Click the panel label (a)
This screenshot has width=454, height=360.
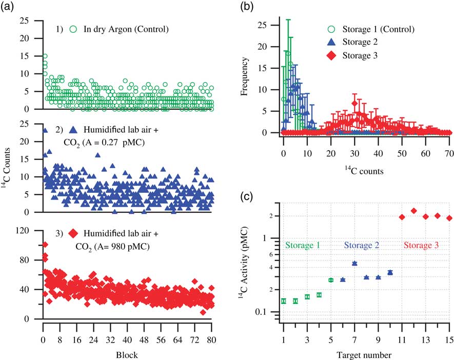pyautogui.click(x=10, y=7)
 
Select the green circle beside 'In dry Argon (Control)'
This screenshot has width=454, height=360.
pyautogui.click(x=73, y=29)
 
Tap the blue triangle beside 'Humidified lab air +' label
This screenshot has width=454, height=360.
pyautogui.click(x=73, y=131)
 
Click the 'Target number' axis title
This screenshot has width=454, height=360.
pyautogui.click(x=366, y=354)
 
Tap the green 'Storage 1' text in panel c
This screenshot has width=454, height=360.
pyautogui.click(x=303, y=246)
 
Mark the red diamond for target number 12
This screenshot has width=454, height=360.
pyautogui.click(x=413, y=211)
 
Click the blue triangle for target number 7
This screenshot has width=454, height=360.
pyautogui.click(x=354, y=263)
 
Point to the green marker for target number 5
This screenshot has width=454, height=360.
pyautogui.click(x=331, y=280)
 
